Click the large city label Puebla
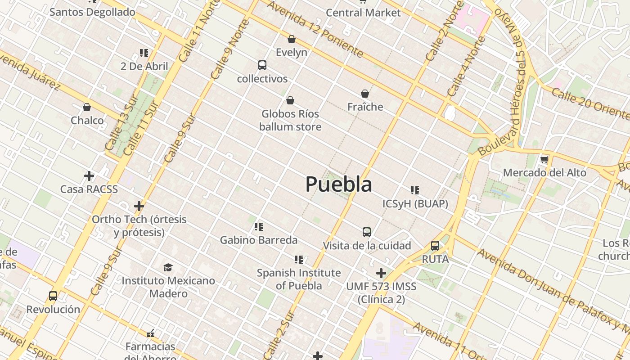339,184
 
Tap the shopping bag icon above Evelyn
292,39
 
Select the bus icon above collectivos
262,65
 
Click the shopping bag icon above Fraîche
365,94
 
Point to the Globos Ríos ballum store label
290,120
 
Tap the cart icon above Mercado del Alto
544,159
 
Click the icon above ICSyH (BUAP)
415,190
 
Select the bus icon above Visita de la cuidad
367,232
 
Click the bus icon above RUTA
435,246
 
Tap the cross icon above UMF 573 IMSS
381,273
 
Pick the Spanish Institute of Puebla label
299,279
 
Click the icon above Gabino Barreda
258,227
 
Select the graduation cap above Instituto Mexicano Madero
168,267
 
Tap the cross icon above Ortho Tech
139,206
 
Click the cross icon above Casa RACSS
89,175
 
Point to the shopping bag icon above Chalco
87,107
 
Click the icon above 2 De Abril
144,53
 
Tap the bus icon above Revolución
53,296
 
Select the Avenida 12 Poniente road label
315,29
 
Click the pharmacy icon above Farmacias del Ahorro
150,333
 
